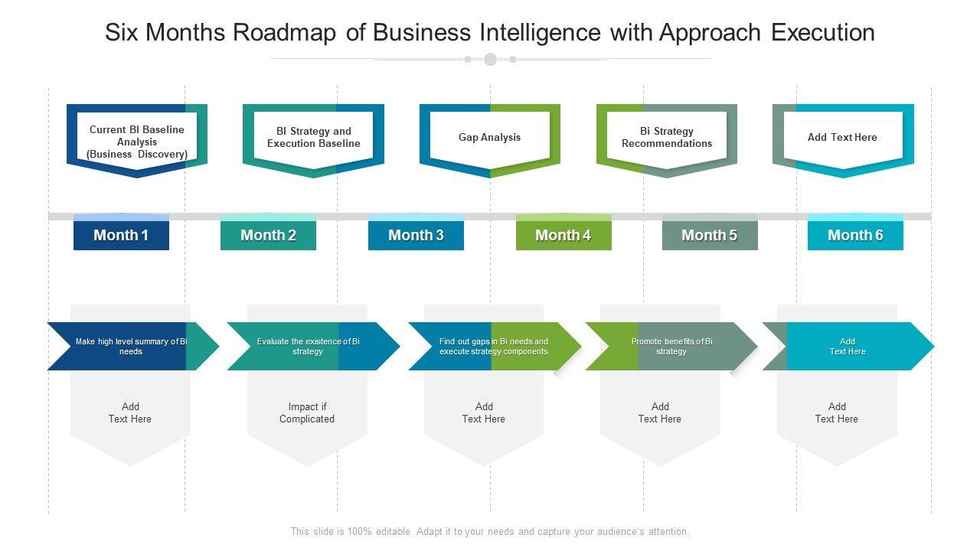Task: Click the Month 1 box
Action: (121, 235)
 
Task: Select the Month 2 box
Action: (268, 235)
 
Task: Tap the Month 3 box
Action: (416, 235)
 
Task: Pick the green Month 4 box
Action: (563, 235)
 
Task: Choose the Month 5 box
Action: (710, 235)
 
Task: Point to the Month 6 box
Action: (855, 235)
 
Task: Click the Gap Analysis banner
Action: (489, 138)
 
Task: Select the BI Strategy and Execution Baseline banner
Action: (313, 138)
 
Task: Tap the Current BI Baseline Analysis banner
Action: (137, 142)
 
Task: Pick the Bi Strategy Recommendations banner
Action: (666, 138)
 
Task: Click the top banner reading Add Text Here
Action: (842, 138)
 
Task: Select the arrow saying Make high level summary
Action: (131, 347)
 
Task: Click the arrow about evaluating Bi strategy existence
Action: (309, 347)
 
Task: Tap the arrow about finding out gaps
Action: (494, 347)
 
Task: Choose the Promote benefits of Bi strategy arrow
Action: (671, 347)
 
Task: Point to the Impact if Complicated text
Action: (307, 413)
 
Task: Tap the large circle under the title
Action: (490, 59)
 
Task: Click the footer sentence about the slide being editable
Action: (490, 531)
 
